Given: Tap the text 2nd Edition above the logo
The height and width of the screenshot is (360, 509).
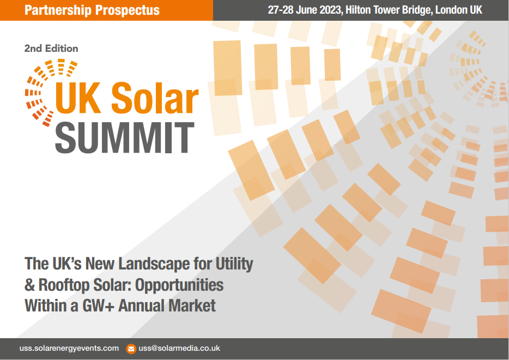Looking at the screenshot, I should coord(51,49).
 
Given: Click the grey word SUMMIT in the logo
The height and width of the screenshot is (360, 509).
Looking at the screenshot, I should coord(125,137).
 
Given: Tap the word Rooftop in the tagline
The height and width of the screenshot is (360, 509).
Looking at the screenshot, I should coord(66,285).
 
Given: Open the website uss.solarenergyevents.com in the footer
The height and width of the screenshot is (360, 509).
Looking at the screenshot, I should coord(69,348).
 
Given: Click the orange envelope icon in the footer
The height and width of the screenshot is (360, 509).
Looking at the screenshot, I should coord(131,349).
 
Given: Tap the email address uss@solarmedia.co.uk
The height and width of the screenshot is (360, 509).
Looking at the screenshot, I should coord(179,348).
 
